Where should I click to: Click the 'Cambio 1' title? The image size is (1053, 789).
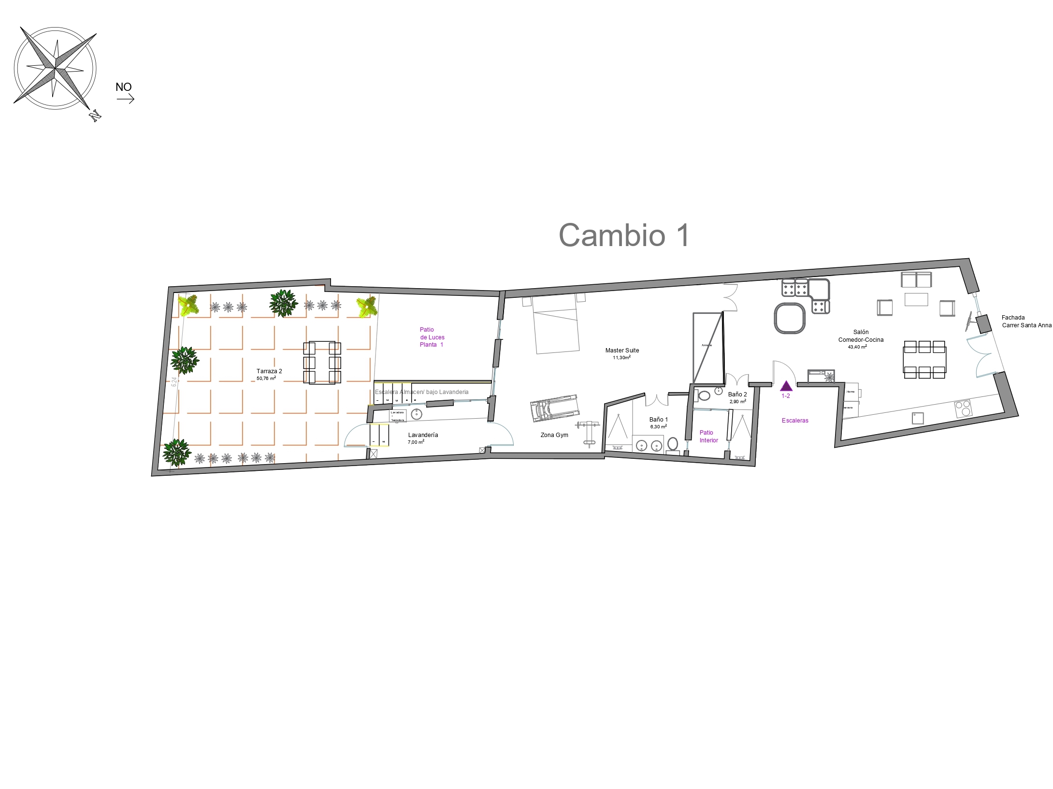point(624,235)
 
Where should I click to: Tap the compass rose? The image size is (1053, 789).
point(56,68)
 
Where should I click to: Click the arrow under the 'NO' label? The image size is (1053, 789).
point(125,100)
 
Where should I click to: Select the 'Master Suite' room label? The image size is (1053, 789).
point(622,351)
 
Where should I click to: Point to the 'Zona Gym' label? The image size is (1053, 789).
point(554,435)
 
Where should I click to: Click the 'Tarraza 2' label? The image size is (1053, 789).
point(269,371)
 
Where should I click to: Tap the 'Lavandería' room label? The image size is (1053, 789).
point(423,435)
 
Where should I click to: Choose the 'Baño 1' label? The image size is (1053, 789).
point(658,420)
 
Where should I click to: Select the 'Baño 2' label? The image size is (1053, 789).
point(737,394)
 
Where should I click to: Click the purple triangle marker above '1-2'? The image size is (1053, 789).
point(786,386)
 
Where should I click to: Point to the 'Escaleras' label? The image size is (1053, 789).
point(795,421)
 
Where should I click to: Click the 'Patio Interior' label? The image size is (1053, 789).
point(708,437)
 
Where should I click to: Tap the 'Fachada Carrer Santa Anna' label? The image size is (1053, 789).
point(1026,321)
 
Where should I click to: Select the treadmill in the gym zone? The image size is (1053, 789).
point(555,409)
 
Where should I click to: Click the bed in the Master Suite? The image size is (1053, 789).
point(556,324)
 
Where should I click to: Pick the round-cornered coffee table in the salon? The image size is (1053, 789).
point(790,318)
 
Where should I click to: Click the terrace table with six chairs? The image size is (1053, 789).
point(322,363)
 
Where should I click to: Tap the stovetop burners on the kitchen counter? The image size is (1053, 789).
point(963,409)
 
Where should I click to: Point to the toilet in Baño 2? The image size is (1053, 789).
point(704,395)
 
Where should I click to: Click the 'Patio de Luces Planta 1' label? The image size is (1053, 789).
point(432,337)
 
